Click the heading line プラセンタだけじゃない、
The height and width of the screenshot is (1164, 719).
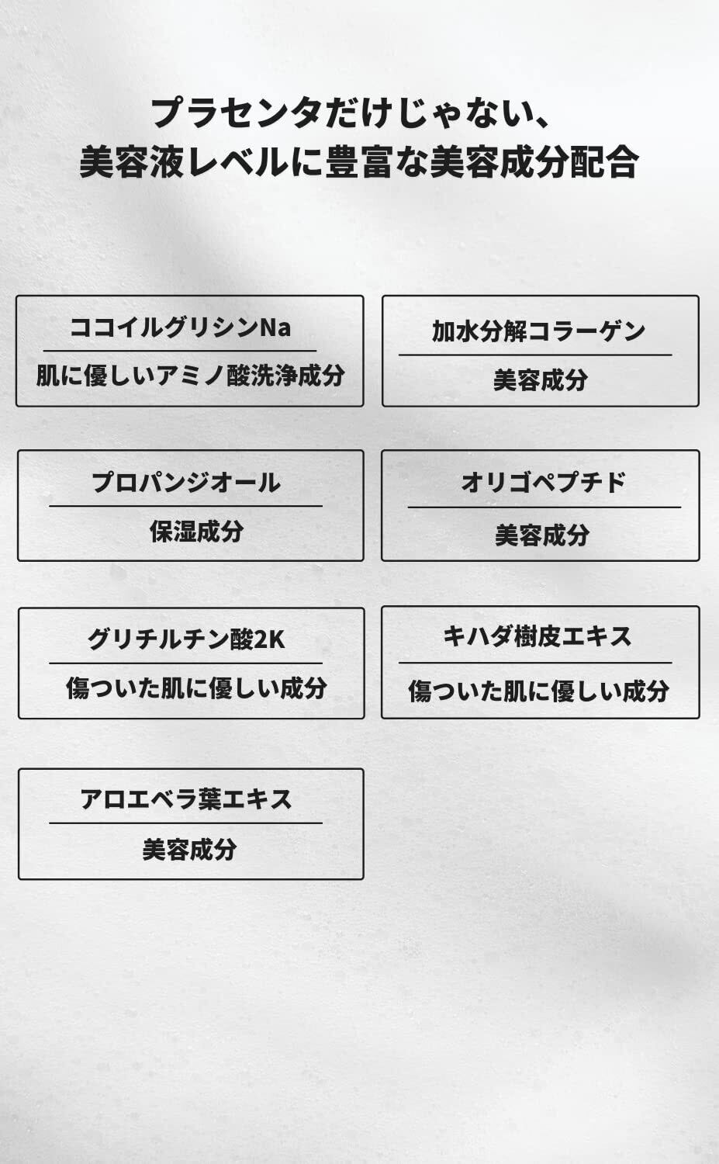click(350, 113)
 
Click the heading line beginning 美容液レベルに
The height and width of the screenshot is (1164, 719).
click(359, 162)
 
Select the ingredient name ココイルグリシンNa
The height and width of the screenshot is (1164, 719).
click(181, 327)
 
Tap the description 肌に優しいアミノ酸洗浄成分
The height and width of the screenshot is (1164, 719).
click(190, 376)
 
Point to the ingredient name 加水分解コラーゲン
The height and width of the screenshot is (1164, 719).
click(539, 331)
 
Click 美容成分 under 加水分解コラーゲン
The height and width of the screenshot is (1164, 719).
click(540, 380)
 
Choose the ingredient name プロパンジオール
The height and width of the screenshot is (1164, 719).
click(186, 483)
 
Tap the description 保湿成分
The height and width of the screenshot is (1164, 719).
click(196, 532)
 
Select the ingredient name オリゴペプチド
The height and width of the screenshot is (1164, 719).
click(543, 483)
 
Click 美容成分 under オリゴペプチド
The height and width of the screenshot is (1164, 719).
click(542, 535)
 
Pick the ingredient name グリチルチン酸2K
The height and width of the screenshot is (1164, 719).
click(186, 639)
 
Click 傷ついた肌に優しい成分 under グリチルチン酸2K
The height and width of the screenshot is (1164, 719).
click(196, 688)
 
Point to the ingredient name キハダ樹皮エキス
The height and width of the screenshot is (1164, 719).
click(538, 637)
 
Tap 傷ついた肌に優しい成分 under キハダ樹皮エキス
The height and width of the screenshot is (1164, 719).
click(539, 691)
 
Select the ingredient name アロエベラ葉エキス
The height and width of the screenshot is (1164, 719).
click(186, 799)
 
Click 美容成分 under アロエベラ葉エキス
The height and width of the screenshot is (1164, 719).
click(189, 850)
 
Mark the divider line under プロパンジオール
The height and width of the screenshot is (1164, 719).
click(185, 506)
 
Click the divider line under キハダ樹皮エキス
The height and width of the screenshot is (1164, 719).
click(535, 663)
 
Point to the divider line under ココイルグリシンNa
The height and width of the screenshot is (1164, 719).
click(180, 351)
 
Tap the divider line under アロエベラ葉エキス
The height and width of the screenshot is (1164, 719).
click(185, 823)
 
